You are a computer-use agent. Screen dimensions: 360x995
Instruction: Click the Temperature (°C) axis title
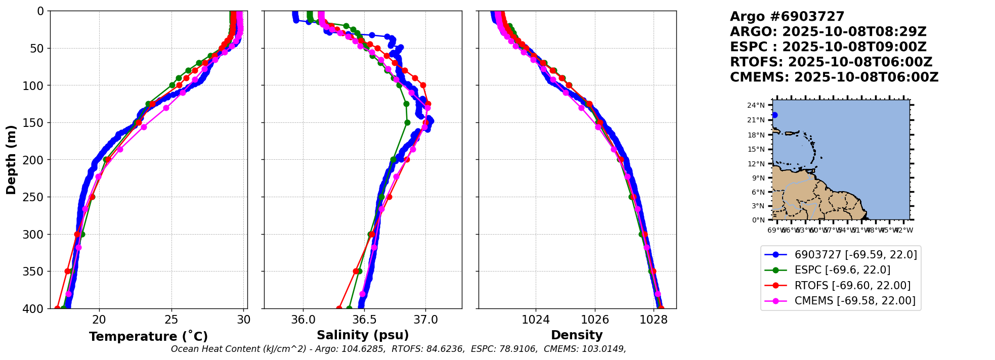[148, 337]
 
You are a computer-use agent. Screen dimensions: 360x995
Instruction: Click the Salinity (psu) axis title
[363, 335]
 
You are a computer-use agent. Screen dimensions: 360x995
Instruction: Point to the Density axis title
[577, 335]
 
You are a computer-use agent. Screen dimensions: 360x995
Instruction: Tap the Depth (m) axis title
[11, 160]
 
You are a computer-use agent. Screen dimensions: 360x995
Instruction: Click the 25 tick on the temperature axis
[171, 320]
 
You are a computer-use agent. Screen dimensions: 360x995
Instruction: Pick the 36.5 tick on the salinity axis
[364, 320]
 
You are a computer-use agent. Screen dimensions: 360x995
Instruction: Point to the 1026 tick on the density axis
[594, 320]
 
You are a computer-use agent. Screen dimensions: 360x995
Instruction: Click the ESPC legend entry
[842, 270]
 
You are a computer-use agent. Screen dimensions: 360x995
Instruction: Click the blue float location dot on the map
[774, 115]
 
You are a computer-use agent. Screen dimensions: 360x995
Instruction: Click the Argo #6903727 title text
[787, 17]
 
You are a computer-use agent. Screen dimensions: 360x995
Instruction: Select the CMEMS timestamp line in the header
[834, 77]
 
